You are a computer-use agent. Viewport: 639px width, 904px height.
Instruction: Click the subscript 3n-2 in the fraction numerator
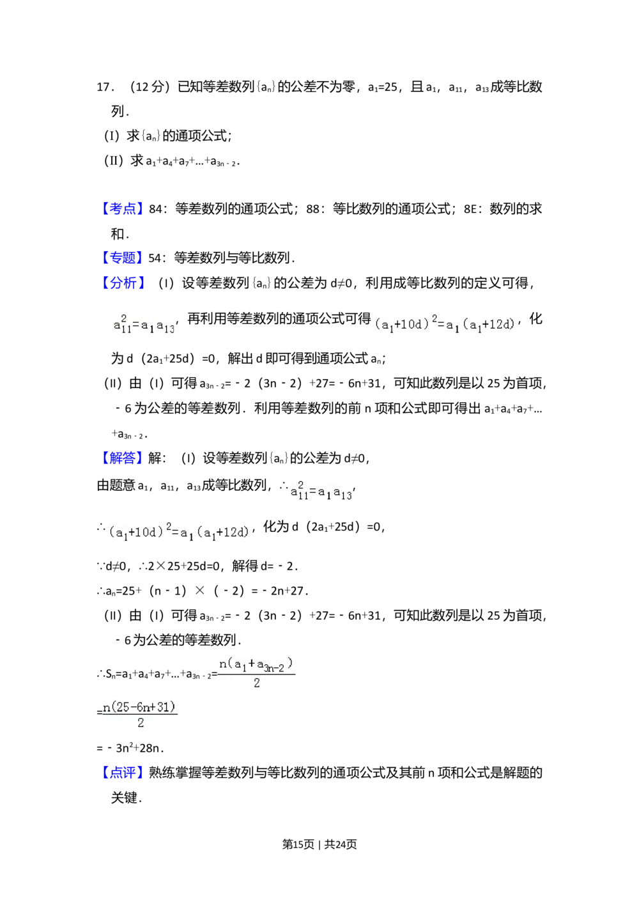(x=274, y=668)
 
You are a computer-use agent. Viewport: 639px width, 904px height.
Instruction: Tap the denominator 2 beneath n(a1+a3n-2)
(x=256, y=683)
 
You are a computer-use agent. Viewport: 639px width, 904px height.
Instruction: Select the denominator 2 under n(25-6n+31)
(x=141, y=723)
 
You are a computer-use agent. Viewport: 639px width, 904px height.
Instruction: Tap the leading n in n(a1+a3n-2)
(x=222, y=664)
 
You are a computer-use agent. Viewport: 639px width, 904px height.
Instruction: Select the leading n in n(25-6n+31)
(x=106, y=707)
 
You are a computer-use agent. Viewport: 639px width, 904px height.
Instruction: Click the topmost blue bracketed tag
(x=123, y=207)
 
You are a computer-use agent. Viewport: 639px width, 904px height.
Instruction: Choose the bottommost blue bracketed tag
(x=123, y=772)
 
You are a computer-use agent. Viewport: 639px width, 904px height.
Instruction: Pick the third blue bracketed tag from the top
(x=125, y=282)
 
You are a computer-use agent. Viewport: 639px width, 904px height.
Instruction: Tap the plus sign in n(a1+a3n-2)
(x=252, y=664)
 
